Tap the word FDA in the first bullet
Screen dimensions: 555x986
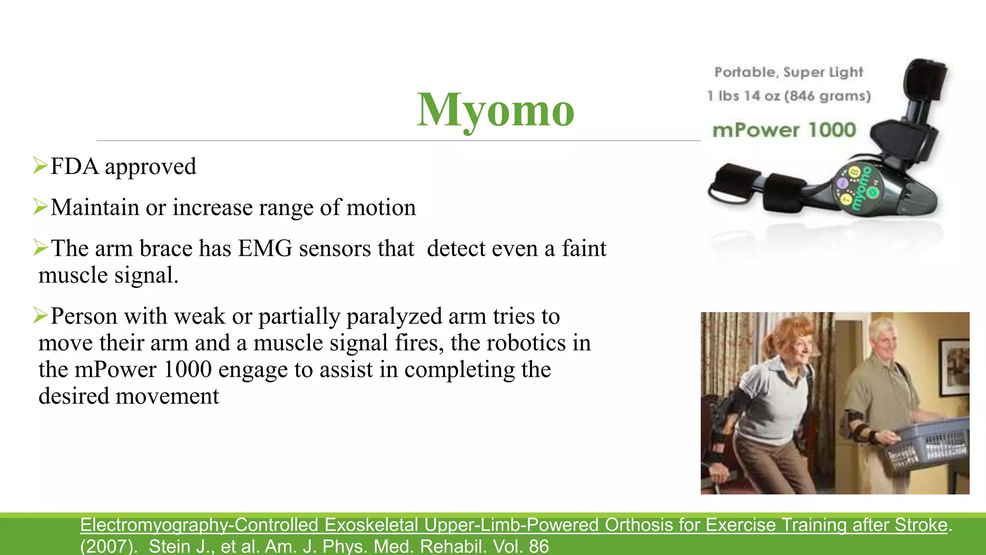click(x=75, y=167)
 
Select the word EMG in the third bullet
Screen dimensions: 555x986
click(x=265, y=249)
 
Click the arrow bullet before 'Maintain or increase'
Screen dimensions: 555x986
click(x=40, y=207)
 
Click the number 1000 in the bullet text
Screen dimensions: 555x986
click(x=187, y=370)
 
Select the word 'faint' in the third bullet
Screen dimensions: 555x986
click(x=584, y=249)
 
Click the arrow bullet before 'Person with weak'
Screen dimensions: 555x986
click(x=40, y=316)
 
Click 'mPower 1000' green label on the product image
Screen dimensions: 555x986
click(x=784, y=130)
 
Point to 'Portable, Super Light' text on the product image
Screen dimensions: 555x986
click(x=789, y=72)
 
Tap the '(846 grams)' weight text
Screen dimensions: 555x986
click(x=827, y=96)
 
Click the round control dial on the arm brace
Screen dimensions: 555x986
click(x=858, y=188)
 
